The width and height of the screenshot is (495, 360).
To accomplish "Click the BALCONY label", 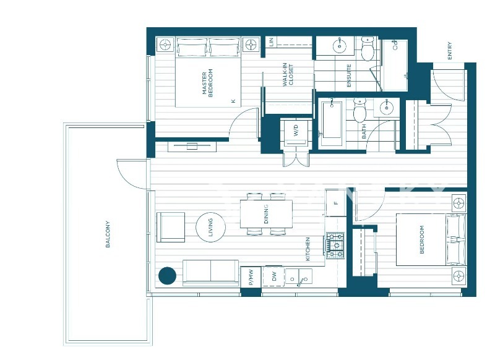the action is click(108, 234).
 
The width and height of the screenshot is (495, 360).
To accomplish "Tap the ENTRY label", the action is click(450, 51).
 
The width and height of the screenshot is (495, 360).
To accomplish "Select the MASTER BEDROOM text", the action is click(207, 83).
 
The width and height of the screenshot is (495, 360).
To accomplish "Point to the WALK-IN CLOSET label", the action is click(288, 74).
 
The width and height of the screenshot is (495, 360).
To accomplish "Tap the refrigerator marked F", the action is click(336, 202).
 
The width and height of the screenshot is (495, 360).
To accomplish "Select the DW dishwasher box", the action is click(273, 276).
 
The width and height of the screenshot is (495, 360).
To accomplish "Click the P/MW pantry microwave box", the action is click(251, 277).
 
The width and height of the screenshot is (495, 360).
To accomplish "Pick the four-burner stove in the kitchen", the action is click(335, 245).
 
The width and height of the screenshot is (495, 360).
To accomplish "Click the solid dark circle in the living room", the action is click(167, 276).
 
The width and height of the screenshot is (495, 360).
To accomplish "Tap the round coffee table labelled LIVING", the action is click(210, 227).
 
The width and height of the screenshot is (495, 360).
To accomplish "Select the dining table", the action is click(266, 214).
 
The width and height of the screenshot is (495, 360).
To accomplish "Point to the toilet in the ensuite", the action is click(367, 49).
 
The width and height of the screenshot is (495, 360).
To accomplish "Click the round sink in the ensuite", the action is click(340, 46).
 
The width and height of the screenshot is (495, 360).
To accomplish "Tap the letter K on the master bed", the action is click(233, 101).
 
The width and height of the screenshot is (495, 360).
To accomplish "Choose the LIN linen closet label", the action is click(270, 42).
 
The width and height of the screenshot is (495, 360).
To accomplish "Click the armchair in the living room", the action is click(171, 227).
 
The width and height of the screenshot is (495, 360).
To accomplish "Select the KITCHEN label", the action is click(308, 249).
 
